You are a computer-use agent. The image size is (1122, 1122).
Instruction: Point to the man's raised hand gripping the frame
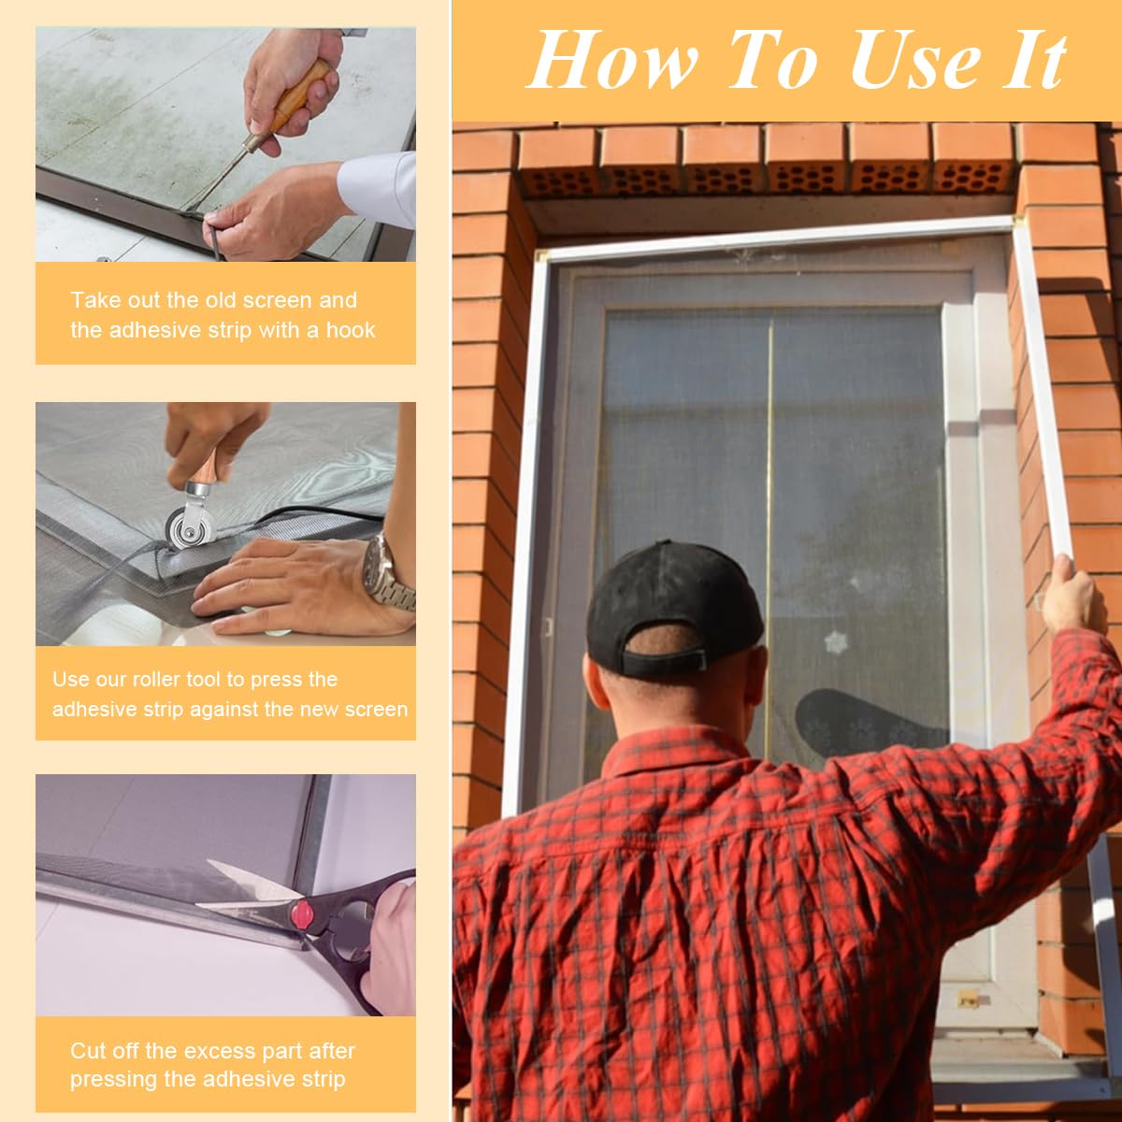coord(1072,594)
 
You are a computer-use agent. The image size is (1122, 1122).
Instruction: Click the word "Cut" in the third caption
coord(88,1050)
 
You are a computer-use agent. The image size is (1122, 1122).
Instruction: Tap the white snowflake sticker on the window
coord(834,642)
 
